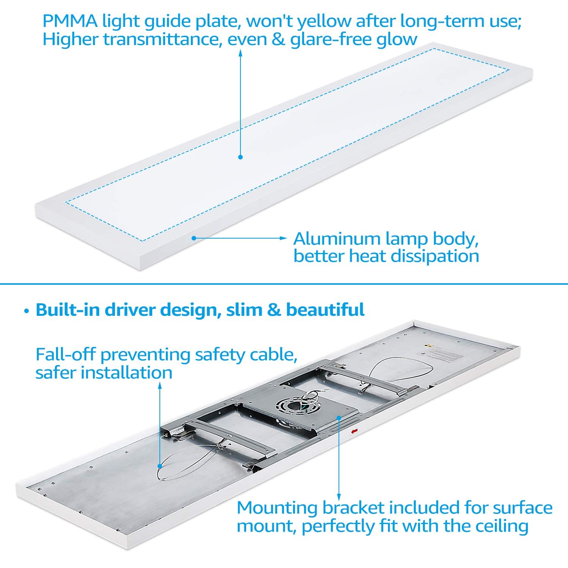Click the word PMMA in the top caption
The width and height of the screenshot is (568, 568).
tap(70, 21)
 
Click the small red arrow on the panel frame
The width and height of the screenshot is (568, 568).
tap(354, 431)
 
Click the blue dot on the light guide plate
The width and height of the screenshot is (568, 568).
tap(240, 157)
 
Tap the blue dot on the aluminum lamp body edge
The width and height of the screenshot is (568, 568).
tap(193, 238)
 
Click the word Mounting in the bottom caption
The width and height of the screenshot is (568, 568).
tap(277, 508)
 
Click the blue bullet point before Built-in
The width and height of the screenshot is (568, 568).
tap(26, 311)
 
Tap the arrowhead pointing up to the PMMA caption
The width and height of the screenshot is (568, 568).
tap(240, 52)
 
